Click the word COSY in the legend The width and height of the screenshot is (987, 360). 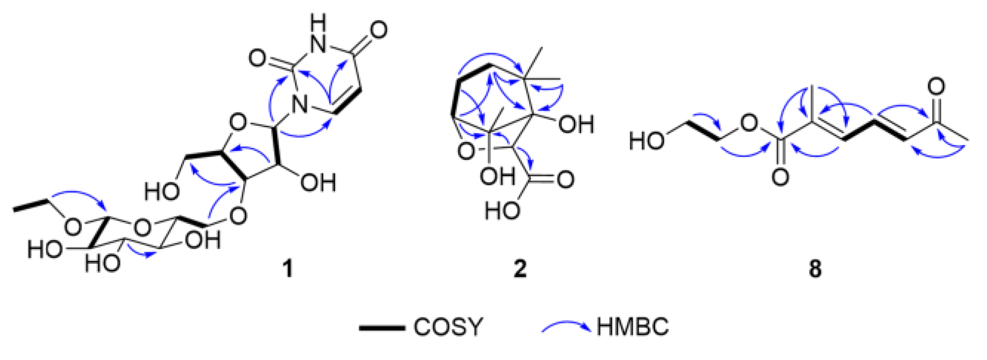tap(448, 326)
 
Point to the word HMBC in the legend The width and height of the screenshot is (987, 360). tap(633, 326)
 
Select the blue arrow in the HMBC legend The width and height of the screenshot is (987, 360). tap(566, 326)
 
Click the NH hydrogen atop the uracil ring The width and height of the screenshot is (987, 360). tap(319, 22)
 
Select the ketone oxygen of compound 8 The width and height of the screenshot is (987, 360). tap(936, 87)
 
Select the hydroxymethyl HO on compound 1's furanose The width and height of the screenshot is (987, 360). tap(161, 191)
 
